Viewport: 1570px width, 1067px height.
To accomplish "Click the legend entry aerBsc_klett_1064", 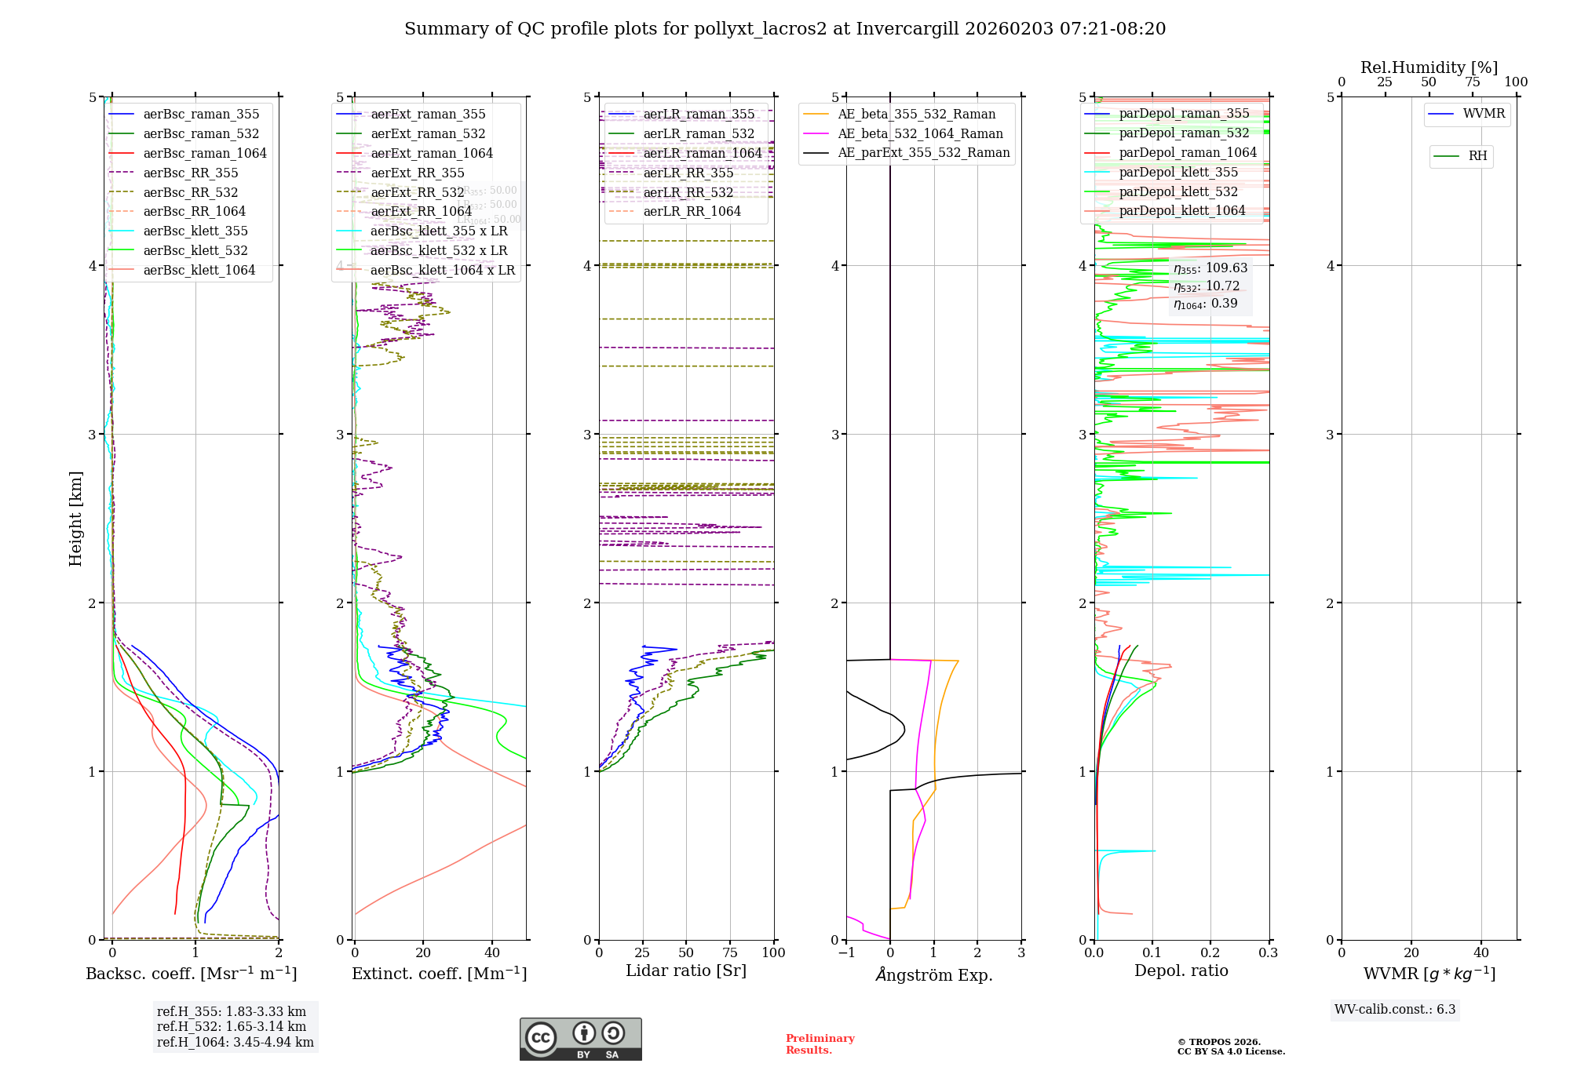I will pyautogui.click(x=199, y=271).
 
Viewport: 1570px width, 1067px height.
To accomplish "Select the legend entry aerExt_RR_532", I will pyautogui.click(x=417, y=193).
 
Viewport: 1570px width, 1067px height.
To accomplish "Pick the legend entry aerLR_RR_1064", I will pyautogui.click(x=692, y=212).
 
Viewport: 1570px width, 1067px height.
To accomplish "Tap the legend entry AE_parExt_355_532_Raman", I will pyautogui.click(x=923, y=153).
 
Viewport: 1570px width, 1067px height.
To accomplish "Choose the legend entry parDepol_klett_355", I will pyautogui.click(x=1177, y=173).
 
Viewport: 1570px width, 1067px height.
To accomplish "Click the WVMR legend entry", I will pyautogui.click(x=1483, y=115).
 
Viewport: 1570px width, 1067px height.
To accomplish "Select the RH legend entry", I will pyautogui.click(x=1477, y=156).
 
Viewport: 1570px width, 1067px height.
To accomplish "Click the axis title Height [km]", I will pyautogui.click(x=75, y=519).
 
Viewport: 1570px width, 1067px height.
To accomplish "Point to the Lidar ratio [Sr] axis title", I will pyautogui.click(x=685, y=970).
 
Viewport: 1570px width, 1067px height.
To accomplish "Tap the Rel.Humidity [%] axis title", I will pyautogui.click(x=1429, y=67).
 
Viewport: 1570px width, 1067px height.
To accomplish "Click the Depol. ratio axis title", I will pyautogui.click(x=1181, y=970).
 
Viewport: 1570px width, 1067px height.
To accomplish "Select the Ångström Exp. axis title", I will pyautogui.click(x=933, y=974).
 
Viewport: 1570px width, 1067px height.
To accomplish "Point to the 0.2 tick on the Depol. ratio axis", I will pyautogui.click(x=1210, y=952).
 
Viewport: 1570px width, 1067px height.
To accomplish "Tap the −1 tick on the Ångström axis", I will pyautogui.click(x=845, y=952).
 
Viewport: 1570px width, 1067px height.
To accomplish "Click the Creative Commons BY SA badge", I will pyautogui.click(x=580, y=1040).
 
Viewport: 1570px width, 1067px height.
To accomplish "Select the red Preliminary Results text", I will pyautogui.click(x=820, y=1044).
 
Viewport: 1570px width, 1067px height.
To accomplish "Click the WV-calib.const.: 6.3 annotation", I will pyautogui.click(x=1394, y=1010).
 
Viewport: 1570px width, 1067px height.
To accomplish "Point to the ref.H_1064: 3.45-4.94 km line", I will pyautogui.click(x=235, y=1043).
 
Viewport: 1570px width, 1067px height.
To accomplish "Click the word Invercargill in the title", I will pyautogui.click(x=907, y=29).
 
